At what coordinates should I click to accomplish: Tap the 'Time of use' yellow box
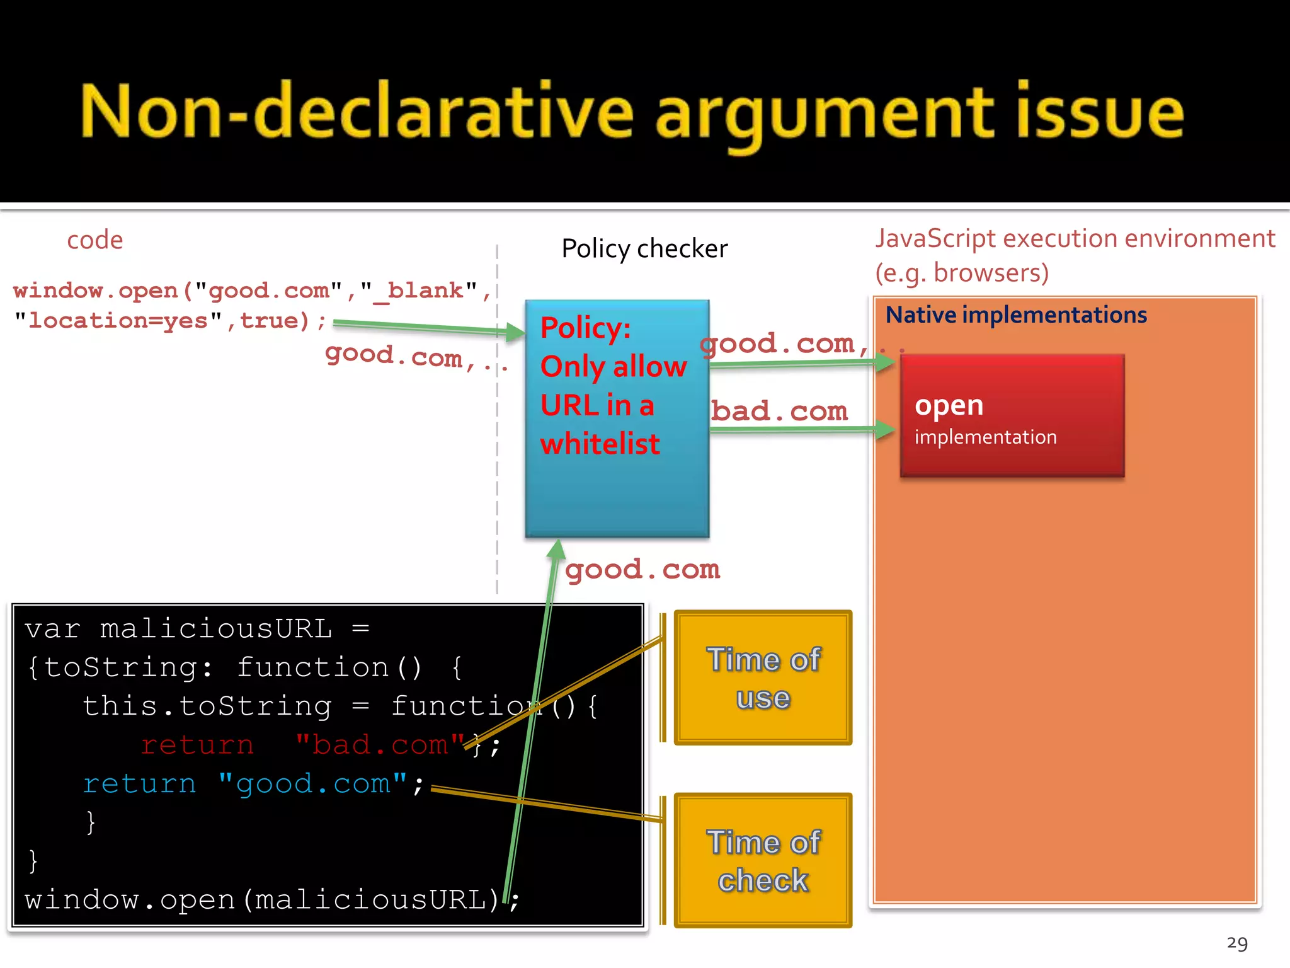point(763,678)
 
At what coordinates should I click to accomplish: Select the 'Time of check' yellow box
point(763,861)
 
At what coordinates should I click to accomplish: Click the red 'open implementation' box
point(1012,416)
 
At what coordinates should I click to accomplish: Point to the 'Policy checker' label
point(644,249)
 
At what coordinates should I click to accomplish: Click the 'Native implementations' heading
point(1016,315)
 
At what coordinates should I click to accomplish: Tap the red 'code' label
point(95,240)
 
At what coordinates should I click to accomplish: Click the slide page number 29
point(1237,943)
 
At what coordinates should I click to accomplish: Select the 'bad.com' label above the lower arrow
point(779,411)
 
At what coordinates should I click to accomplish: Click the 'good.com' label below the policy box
point(642,570)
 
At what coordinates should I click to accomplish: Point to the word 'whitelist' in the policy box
point(600,444)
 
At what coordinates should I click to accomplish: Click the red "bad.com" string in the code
point(380,745)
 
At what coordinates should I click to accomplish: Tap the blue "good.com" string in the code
point(312,784)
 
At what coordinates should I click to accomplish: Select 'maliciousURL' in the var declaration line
point(215,629)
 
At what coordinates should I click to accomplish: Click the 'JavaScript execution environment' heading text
point(1075,239)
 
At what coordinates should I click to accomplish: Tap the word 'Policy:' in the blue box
point(586,328)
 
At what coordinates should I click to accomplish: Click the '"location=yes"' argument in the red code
point(118,321)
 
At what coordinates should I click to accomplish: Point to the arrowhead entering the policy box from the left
point(515,331)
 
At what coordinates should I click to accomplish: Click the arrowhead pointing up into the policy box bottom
point(556,550)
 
